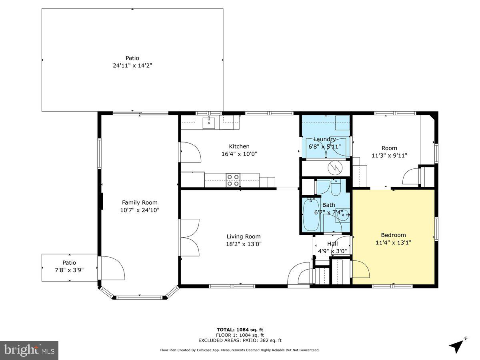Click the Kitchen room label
[x=239, y=146]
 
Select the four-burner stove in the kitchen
[x=233, y=180]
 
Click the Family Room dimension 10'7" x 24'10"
[x=140, y=210]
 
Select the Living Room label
[x=244, y=236]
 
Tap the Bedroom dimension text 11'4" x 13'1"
[x=393, y=242]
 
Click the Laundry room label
[x=324, y=139]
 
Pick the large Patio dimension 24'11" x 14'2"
[x=132, y=65]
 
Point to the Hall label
[x=332, y=244]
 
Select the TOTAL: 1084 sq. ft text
[x=240, y=330]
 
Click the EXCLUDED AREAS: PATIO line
[x=240, y=341]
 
